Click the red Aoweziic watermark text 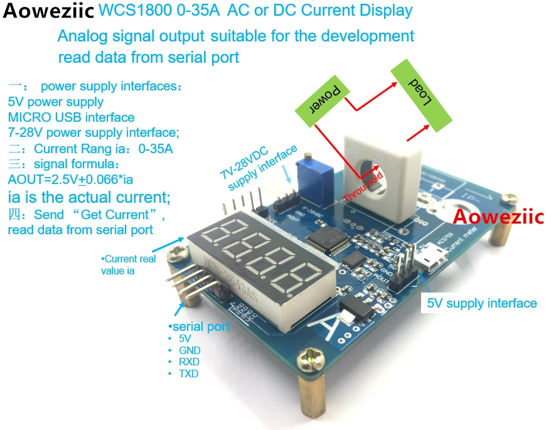(498, 217)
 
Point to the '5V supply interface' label (481, 303)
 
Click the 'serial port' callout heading (200, 326)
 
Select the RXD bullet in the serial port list (189, 362)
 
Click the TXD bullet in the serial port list (188, 374)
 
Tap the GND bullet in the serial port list (190, 350)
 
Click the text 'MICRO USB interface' (71, 117)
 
